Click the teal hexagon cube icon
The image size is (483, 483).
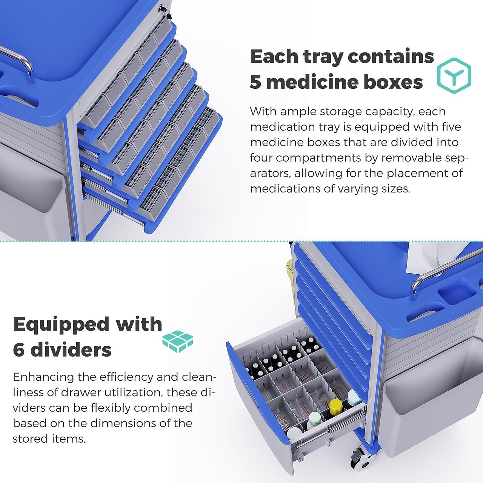[x=454, y=75]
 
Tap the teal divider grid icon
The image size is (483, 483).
[x=178, y=341]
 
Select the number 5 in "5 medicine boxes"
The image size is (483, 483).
[x=255, y=82]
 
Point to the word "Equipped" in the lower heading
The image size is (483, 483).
[x=62, y=325]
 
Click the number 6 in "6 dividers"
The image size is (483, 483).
[x=19, y=350]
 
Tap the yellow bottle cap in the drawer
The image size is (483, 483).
[x=335, y=405]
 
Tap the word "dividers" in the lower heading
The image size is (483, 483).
[x=71, y=349]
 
